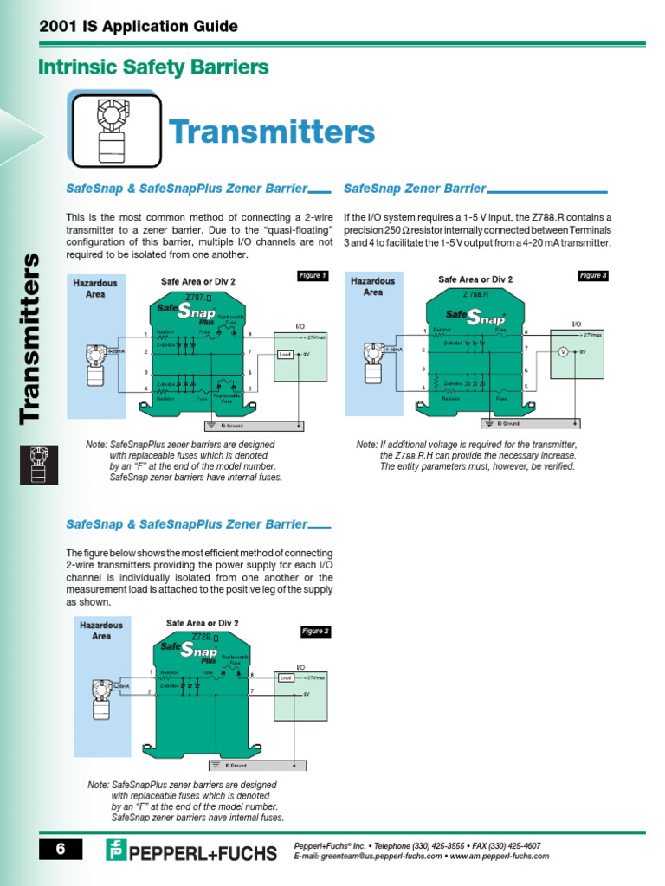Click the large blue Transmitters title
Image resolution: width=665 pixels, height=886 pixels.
pos(272,132)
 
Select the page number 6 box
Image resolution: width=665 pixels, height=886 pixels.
pos(61,849)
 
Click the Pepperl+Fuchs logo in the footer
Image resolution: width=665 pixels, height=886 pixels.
pos(191,851)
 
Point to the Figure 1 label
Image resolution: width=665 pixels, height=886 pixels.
pos(313,276)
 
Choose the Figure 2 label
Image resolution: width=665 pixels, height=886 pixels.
pos(315,632)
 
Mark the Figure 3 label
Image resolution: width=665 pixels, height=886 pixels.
pos(593,276)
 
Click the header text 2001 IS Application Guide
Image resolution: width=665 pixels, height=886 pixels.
pos(139,27)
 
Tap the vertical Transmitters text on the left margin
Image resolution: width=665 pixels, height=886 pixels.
pos(31,337)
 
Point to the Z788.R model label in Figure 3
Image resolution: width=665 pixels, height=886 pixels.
pos(475,294)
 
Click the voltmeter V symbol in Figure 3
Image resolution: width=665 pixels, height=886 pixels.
pos(562,351)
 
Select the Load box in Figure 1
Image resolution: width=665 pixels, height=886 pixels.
pos(285,355)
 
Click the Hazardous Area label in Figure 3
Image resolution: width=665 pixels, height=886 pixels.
pos(372,286)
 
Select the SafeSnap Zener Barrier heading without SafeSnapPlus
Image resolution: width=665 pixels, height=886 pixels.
pos(415,189)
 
